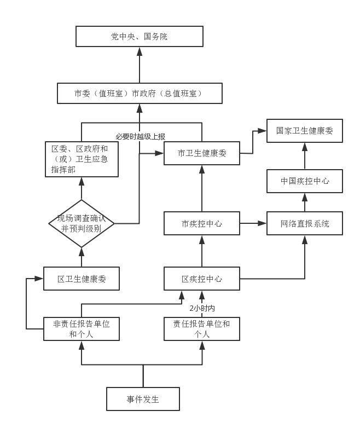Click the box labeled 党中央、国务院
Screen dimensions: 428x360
tap(139, 37)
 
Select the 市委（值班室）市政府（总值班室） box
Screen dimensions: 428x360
tap(139, 93)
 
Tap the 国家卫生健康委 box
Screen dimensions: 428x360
tap(304, 131)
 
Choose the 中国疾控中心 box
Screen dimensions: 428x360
tap(304, 181)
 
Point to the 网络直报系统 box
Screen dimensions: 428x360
tap(304, 223)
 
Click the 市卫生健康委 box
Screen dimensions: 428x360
tap(202, 153)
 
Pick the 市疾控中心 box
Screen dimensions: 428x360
tap(202, 223)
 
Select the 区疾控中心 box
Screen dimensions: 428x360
tap(202, 279)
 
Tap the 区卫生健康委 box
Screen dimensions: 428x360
tap(82, 279)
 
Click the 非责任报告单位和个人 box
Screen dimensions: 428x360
tap(82, 328)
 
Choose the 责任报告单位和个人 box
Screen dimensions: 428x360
tap(202, 328)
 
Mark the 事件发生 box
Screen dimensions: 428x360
tap(143, 399)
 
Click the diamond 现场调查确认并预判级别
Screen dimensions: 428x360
tap(82, 223)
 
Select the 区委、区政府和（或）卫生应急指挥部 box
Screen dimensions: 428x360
tap(82, 159)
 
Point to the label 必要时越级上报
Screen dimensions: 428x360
tap(140, 136)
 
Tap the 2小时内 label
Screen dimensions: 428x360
tap(202, 308)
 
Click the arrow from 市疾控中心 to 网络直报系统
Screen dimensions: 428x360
tap(253, 223)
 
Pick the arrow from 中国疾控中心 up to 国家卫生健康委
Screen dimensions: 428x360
tap(304, 156)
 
